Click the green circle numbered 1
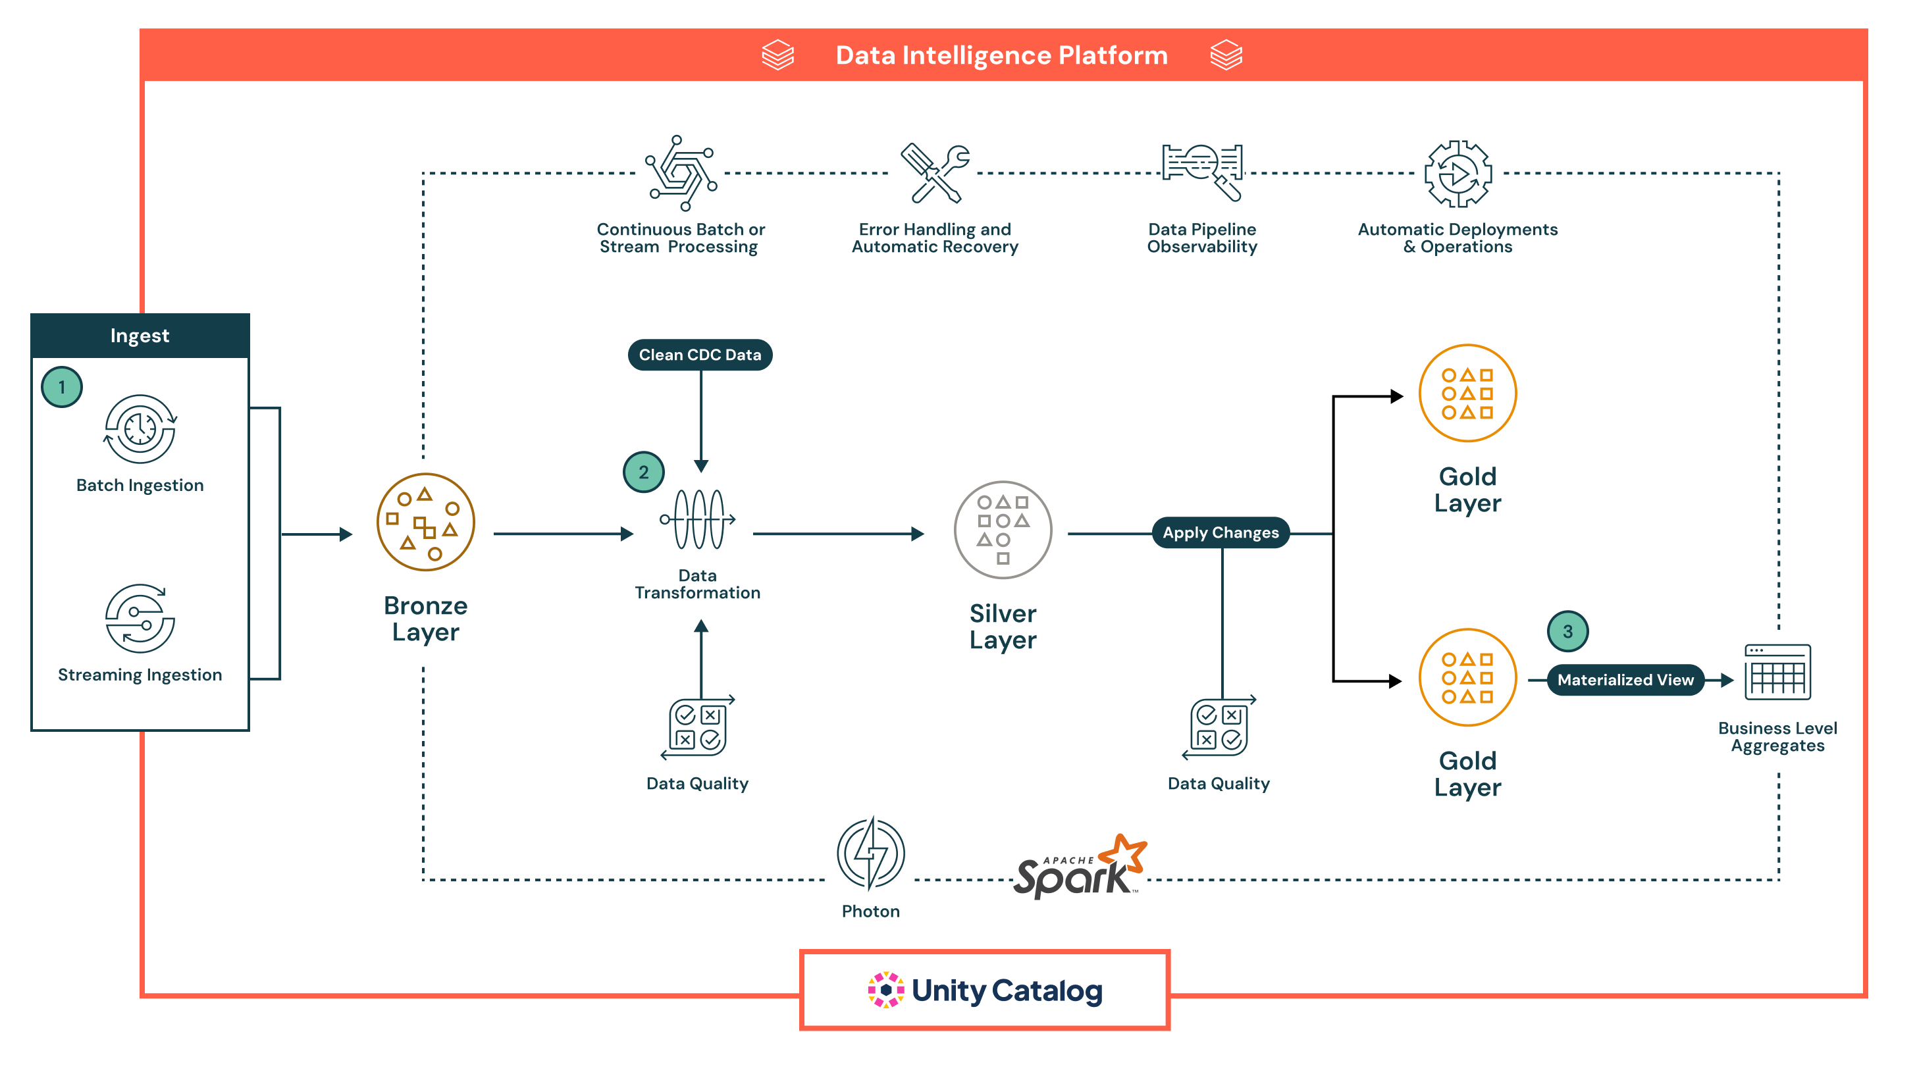coord(62,387)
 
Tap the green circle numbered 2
coord(644,472)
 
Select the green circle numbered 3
coord(1567,631)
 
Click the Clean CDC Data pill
coord(700,355)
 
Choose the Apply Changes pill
coord(1221,532)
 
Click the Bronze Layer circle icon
coord(426,523)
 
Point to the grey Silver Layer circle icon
coord(1003,530)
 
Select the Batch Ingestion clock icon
coord(140,429)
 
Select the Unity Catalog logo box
coord(985,990)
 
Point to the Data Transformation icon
coord(698,519)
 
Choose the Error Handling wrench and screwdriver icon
coord(935,173)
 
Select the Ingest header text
coord(140,336)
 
